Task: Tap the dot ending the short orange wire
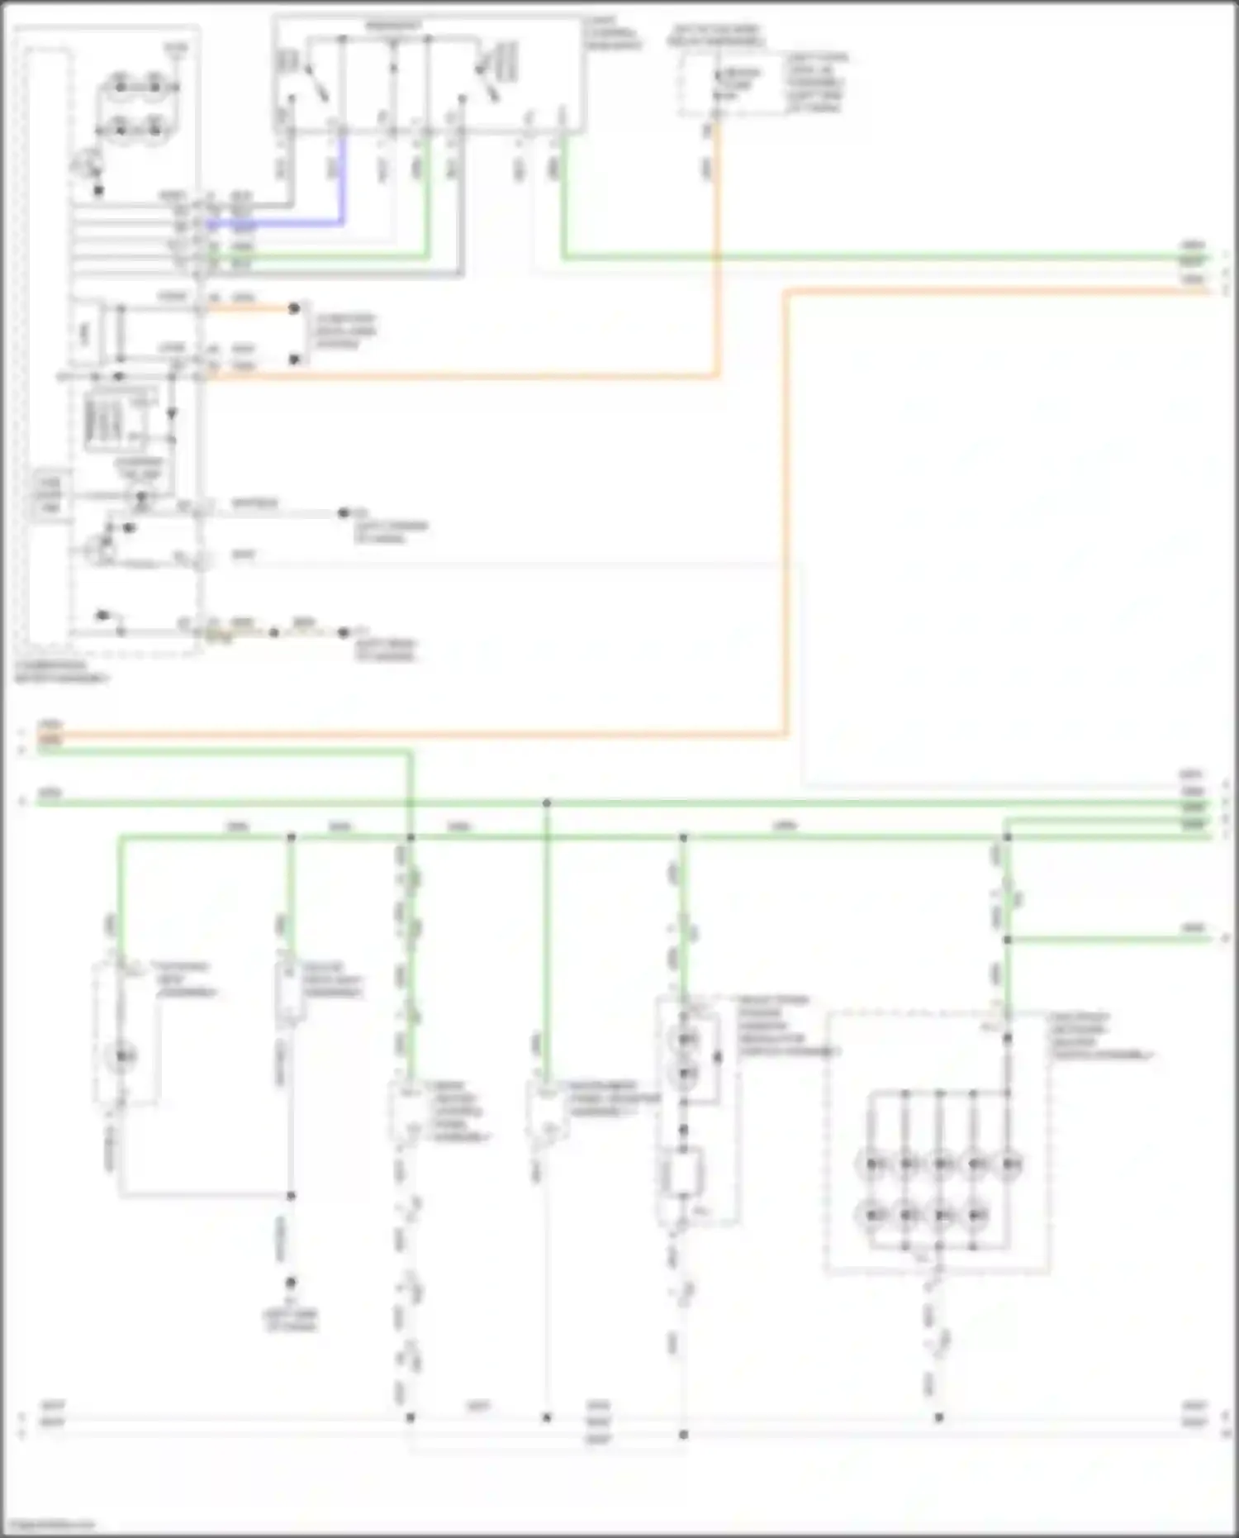point(294,308)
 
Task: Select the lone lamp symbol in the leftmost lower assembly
point(122,1055)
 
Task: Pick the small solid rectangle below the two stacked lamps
point(683,1172)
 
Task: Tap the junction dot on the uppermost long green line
point(546,802)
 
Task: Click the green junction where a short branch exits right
point(1007,940)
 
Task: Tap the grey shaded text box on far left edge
point(48,495)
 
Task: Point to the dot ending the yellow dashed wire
point(343,633)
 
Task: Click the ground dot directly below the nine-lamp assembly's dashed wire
point(938,1417)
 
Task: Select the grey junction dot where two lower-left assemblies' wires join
point(291,1195)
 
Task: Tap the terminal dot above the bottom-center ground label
point(291,1283)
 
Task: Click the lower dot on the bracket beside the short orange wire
point(294,360)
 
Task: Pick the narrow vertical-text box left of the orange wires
point(84,333)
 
